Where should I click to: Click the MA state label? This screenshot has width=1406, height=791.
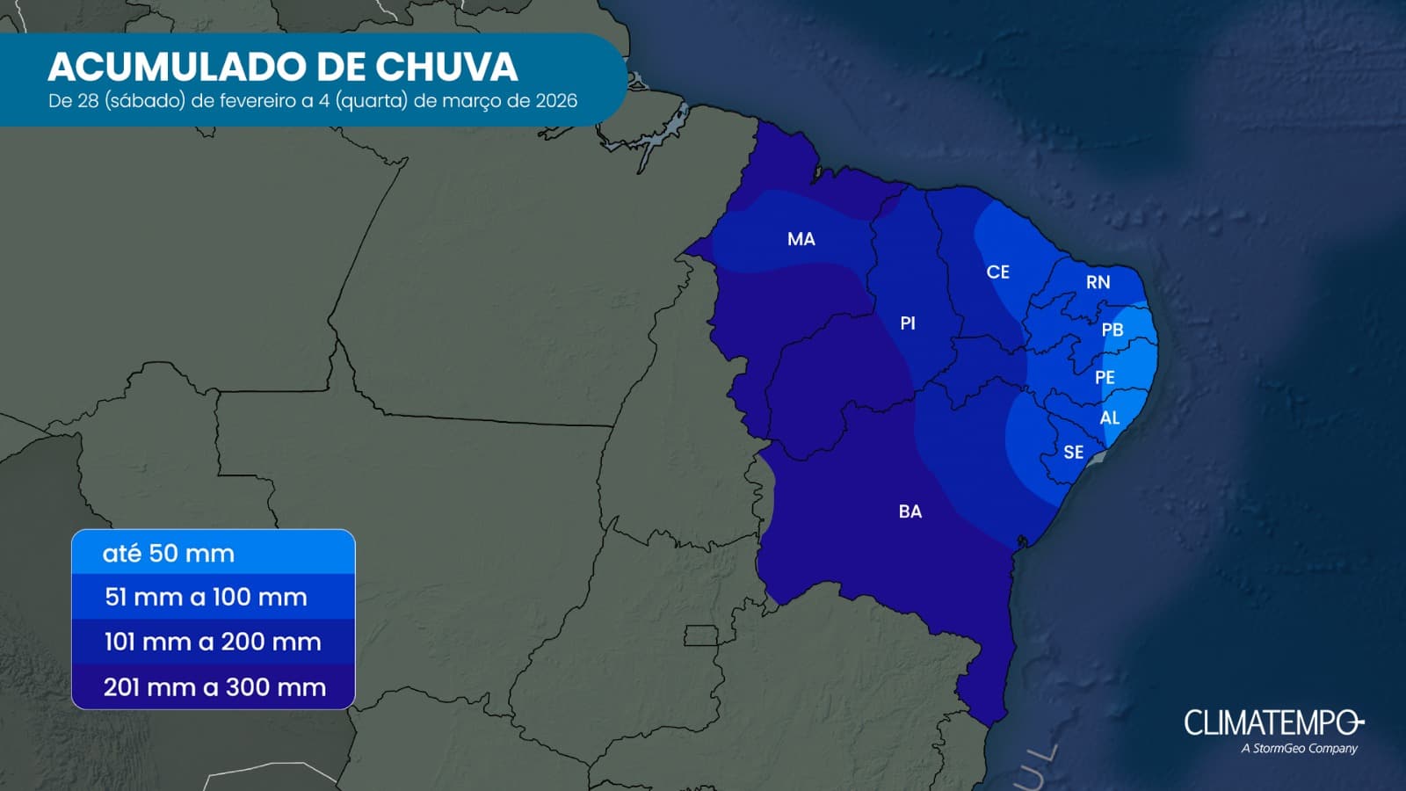(x=801, y=239)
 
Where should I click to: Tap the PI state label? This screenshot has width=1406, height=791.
(x=908, y=323)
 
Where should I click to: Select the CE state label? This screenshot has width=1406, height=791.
(x=997, y=272)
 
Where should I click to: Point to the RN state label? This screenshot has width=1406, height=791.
(x=1098, y=282)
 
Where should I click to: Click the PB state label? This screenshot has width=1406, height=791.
(x=1112, y=330)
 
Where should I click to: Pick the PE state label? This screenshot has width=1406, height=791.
(x=1105, y=377)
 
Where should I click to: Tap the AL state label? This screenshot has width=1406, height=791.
(x=1110, y=417)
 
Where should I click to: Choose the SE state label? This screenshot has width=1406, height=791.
(x=1073, y=453)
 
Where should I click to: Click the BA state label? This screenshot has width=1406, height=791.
(x=910, y=512)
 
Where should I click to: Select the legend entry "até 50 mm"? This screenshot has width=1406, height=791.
(x=169, y=554)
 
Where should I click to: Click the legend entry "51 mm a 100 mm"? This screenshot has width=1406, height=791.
(x=206, y=598)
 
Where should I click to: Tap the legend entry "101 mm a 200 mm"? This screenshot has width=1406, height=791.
(x=213, y=642)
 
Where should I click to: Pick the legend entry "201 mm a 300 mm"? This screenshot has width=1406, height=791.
(x=214, y=687)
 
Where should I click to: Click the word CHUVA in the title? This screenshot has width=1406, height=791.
(x=446, y=67)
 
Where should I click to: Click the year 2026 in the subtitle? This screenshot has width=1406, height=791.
(x=556, y=101)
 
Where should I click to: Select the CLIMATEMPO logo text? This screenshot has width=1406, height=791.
(x=1272, y=722)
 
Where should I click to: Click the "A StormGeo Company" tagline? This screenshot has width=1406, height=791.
(x=1299, y=749)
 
